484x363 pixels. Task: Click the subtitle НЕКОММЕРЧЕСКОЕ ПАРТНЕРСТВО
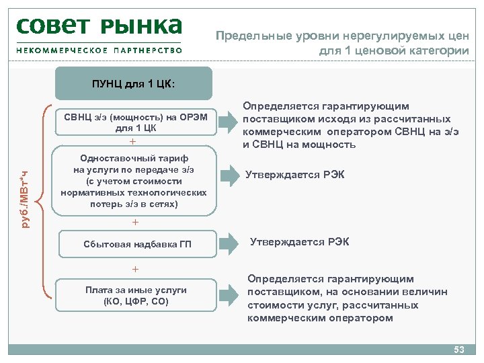[x=99, y=50]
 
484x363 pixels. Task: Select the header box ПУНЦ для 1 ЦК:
[x=133, y=84]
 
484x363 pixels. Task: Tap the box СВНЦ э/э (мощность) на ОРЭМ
[x=135, y=122]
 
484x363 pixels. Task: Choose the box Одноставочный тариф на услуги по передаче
[x=132, y=182]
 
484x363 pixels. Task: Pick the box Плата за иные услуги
[x=136, y=295]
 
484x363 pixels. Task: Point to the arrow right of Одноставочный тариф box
[x=230, y=176]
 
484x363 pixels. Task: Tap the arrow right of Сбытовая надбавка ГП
[x=230, y=243]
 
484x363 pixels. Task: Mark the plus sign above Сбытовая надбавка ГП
[x=135, y=222]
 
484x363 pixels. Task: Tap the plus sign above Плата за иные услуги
[x=135, y=270]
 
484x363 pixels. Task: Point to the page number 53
[x=459, y=350]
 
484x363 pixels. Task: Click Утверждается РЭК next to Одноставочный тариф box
[x=294, y=175]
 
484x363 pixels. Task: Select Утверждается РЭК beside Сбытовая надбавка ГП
[x=299, y=242]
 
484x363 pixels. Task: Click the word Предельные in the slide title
[x=251, y=36]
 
